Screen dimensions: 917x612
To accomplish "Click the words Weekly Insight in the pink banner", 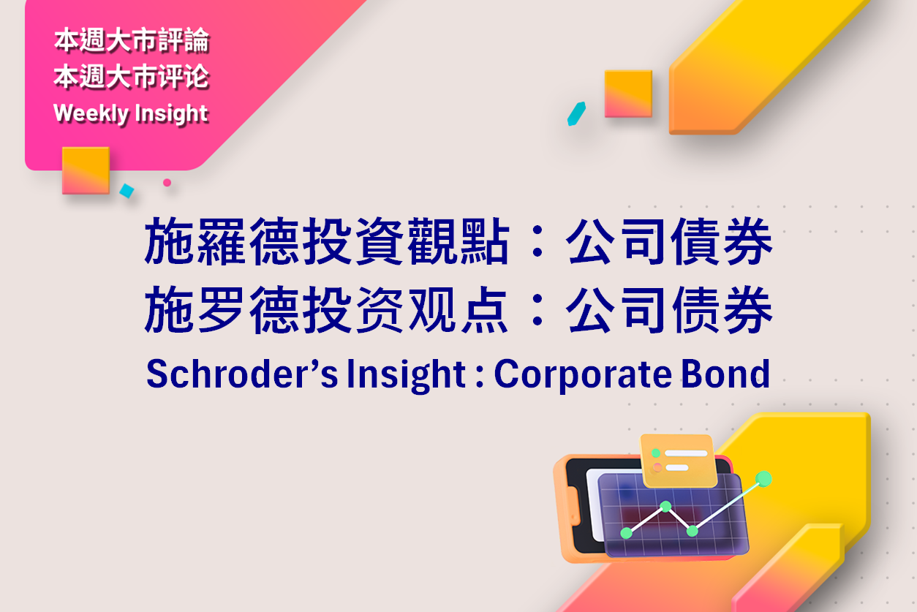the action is tap(131, 113).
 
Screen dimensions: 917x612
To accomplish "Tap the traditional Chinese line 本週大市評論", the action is tap(132, 40).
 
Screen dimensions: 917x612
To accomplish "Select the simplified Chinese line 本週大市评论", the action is tap(132, 77).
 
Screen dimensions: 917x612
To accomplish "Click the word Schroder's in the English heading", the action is tap(242, 374).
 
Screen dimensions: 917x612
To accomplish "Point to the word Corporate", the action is tap(583, 375).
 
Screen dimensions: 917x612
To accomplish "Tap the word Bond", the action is tap(725, 374).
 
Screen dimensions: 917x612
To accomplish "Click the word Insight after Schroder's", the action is tap(406, 375).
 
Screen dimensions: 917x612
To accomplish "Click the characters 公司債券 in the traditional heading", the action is tap(669, 241).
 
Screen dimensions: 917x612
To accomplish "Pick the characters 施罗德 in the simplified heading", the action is tap(222, 310).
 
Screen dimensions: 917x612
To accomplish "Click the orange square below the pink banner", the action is tap(86, 170).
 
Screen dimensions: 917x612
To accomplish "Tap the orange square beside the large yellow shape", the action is tap(628, 94).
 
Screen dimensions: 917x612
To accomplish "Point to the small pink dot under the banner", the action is tap(167, 183).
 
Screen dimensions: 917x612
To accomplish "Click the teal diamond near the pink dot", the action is tap(127, 191).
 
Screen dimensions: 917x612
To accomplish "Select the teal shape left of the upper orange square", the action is tap(576, 113).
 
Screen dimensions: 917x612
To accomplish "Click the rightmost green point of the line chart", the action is tap(763, 479).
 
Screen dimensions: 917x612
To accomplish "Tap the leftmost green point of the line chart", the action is tap(627, 533).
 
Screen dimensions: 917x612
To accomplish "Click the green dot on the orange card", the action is tap(656, 453).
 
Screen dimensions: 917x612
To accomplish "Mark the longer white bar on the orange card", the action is tap(686, 453).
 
